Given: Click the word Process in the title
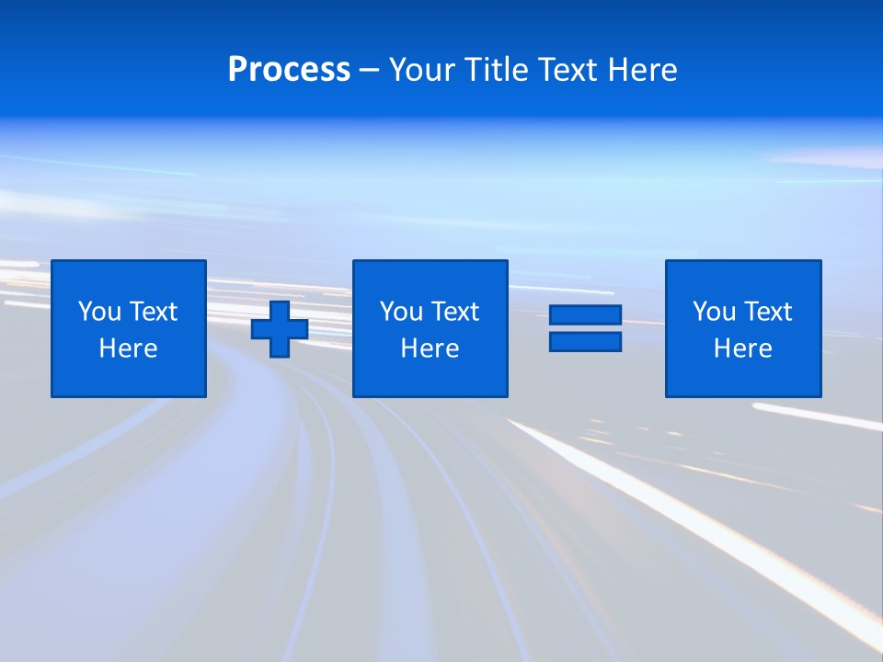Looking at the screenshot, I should click(289, 70).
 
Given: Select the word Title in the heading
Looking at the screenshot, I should click(493, 70).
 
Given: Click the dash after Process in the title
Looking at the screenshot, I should click(369, 71).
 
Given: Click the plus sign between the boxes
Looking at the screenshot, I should click(280, 329).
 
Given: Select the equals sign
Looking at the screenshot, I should click(585, 328).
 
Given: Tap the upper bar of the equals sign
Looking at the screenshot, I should click(585, 315).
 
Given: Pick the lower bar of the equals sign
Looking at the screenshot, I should click(585, 341).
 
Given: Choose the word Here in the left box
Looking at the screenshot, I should click(128, 348).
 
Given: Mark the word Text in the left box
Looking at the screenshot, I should click(153, 312).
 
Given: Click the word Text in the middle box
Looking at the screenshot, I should click(454, 312).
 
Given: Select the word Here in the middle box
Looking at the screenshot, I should click(430, 348).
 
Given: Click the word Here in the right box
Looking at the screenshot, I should click(742, 348).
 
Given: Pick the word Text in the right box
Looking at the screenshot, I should click(767, 312).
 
